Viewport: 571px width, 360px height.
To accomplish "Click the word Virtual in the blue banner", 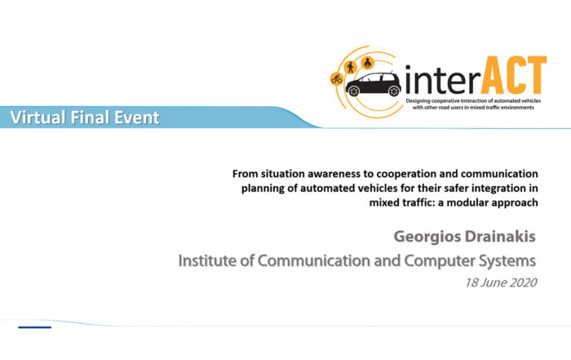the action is coord(38,118).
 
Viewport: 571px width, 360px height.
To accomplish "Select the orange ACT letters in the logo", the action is coord(514,75).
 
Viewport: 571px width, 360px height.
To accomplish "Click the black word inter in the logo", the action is coord(442,79).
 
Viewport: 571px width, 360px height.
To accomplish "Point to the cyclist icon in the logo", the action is coord(336,78).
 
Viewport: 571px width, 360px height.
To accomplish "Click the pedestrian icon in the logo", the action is coord(351,67).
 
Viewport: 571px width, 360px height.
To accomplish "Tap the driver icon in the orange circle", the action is coord(367,63).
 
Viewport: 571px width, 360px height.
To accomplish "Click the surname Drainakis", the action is coord(500,237).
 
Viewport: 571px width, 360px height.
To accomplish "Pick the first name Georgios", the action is coord(427,238).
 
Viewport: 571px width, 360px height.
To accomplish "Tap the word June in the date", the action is coord(491,282).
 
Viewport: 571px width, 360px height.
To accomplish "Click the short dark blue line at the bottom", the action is coord(34,327).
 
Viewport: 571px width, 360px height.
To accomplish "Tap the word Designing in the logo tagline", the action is coord(418,101).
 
